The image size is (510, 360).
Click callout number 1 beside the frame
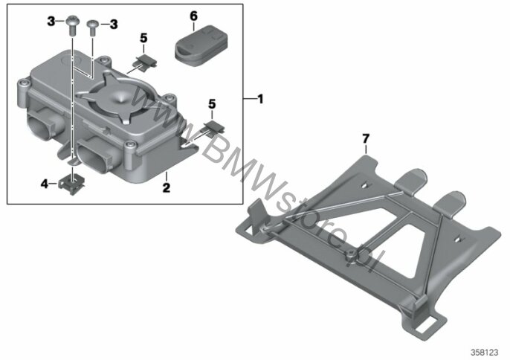(260, 99)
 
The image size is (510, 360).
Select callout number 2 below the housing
(167, 187)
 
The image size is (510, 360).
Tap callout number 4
(45, 184)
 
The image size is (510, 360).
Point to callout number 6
(193, 16)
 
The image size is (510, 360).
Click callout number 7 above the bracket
(366, 138)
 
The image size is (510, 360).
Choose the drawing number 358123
(485, 353)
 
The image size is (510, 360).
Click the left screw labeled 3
(71, 26)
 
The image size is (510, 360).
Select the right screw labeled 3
(92, 28)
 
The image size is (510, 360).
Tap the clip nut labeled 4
(72, 184)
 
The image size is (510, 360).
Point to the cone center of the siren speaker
(122, 97)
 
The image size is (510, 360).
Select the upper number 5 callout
(143, 38)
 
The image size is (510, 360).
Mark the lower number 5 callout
(212, 104)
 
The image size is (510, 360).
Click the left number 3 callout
(51, 22)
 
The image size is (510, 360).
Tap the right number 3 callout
(114, 24)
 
